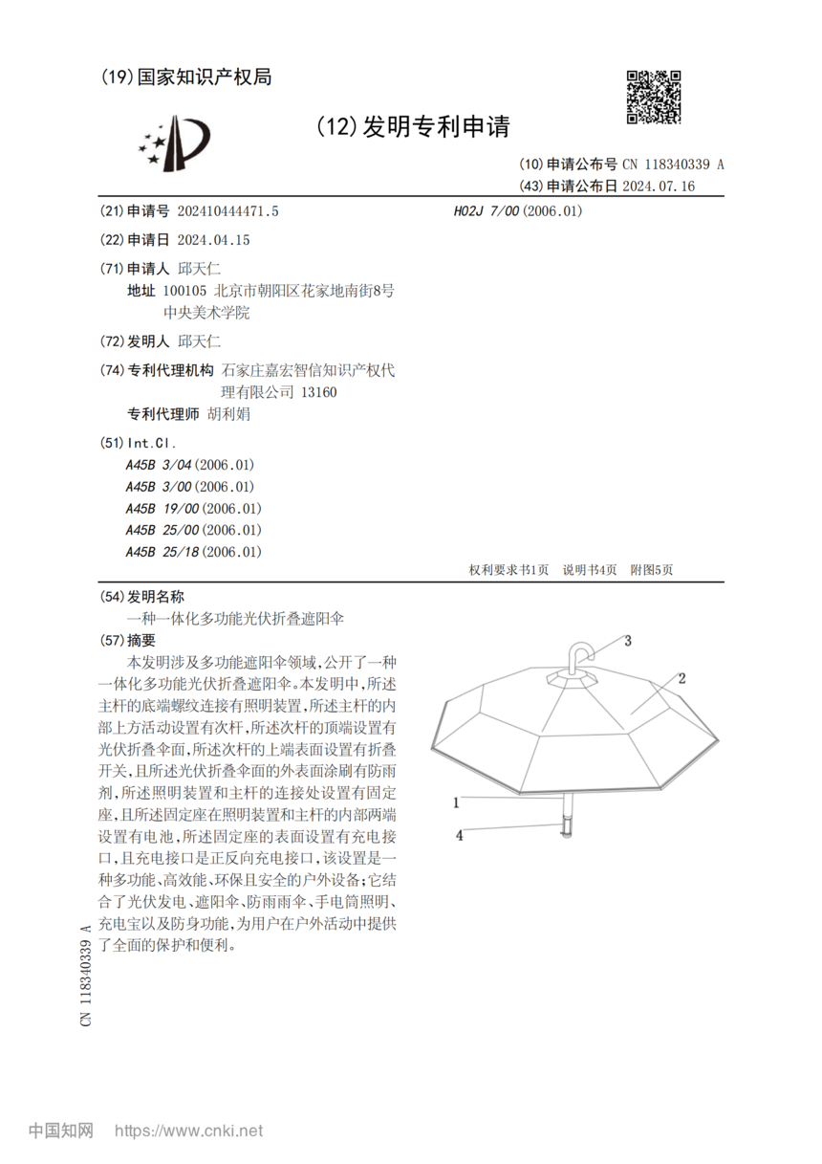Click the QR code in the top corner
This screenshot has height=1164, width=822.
coord(654,97)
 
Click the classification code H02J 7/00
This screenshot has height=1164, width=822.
coord(486,211)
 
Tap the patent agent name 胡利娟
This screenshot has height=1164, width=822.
coord(228,415)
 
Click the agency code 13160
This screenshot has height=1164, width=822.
coord(318,392)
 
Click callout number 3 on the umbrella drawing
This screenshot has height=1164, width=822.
coord(628,642)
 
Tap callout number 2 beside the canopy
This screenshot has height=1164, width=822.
coord(682,679)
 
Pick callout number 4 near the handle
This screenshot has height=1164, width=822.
coord(459,835)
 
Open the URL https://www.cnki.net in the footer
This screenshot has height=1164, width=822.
coord(188,1131)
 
